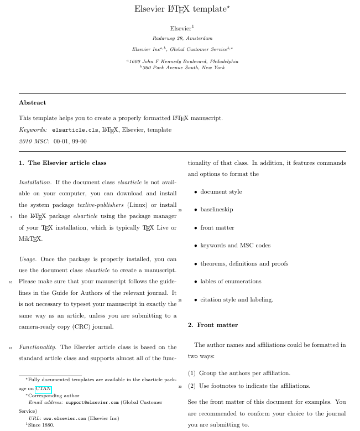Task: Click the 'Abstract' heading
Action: point(32,102)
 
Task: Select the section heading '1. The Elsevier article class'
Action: point(62,163)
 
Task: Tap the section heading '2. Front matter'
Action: point(213,325)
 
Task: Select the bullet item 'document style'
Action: point(221,191)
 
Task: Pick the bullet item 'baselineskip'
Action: point(216,210)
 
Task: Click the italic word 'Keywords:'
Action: point(33,129)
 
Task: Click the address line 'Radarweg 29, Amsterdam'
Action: point(182,38)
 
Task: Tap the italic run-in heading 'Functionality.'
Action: point(38,347)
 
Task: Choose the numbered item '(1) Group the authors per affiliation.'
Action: point(239,373)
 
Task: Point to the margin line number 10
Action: point(11,282)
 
